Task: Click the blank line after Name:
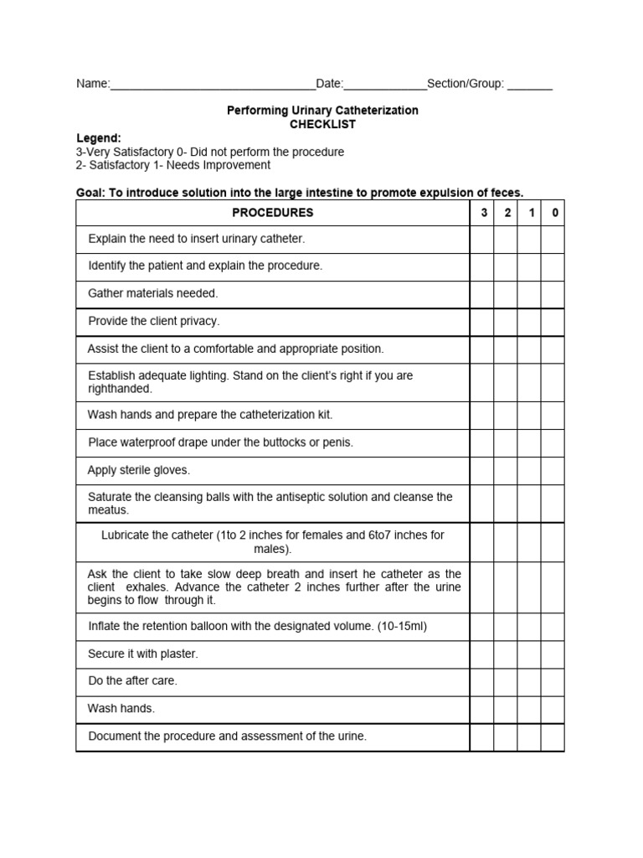click(x=213, y=85)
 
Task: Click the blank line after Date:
click(x=385, y=85)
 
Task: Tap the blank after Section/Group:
click(x=530, y=85)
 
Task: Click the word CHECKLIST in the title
click(x=322, y=124)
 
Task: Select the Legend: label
click(x=99, y=138)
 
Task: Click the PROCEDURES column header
click(x=272, y=213)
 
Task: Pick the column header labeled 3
click(x=483, y=213)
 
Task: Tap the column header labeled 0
click(x=554, y=213)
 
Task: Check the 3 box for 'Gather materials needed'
click(x=482, y=294)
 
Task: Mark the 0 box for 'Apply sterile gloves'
click(x=553, y=471)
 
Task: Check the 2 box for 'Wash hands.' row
click(x=506, y=709)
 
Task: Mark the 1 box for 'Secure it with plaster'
click(x=529, y=654)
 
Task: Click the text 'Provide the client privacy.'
click(x=154, y=322)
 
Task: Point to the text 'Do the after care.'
click(x=132, y=681)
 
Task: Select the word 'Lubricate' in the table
click(x=127, y=535)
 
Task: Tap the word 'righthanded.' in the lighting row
click(x=120, y=390)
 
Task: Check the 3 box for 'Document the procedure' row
click(x=482, y=737)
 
